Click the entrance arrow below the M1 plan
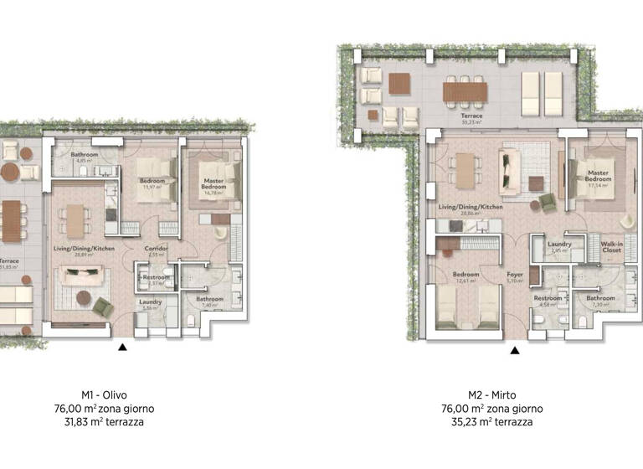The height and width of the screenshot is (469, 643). (124, 347)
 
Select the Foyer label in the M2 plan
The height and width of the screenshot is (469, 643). (515, 275)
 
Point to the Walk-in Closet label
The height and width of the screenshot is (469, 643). (611, 247)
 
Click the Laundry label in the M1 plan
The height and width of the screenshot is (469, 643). (151, 302)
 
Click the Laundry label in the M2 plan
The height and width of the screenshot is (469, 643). (558, 245)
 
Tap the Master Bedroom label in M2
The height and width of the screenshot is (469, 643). (598, 176)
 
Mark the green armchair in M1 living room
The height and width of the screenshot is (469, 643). (102, 307)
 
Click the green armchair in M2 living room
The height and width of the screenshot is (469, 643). (547, 202)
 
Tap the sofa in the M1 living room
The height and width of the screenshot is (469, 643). (80, 276)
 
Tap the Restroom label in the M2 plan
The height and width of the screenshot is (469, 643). (548, 298)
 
